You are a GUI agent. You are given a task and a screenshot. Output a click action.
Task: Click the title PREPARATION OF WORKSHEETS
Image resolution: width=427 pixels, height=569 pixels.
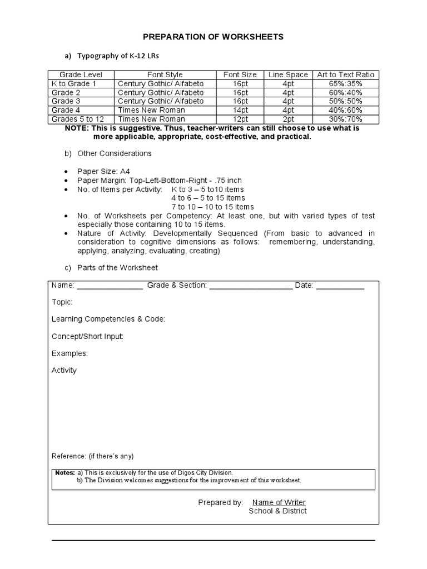click(x=213, y=37)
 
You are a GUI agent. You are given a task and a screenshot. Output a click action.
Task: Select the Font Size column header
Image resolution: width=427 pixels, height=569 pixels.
click(x=240, y=74)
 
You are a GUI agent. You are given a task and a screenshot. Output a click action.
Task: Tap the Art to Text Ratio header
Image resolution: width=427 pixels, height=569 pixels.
click(x=345, y=74)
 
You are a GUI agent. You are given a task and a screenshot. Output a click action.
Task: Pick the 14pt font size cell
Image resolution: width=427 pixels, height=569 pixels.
click(x=240, y=110)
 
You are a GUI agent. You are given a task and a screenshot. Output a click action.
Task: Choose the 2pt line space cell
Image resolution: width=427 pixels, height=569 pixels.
click(x=287, y=119)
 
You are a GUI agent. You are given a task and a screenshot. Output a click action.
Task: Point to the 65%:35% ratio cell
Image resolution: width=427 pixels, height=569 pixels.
click(x=345, y=83)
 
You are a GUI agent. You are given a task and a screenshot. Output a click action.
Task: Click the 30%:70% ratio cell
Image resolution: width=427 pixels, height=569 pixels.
click(x=345, y=119)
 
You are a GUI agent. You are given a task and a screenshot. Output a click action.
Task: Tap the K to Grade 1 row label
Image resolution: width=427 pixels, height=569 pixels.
click(x=74, y=83)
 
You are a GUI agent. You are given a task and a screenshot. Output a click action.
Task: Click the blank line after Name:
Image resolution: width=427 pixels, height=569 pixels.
click(x=110, y=287)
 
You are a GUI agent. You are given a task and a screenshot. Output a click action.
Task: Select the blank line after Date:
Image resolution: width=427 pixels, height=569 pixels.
click(x=340, y=287)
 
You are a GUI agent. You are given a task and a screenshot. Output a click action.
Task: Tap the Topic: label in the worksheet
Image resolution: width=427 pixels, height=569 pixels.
click(x=62, y=302)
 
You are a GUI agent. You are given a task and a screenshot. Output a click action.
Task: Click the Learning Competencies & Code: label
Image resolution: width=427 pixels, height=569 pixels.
click(x=108, y=319)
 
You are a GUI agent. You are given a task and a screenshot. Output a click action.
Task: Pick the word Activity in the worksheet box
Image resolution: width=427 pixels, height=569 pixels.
click(x=64, y=370)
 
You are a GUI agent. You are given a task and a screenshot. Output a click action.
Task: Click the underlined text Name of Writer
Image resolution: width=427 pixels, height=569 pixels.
click(x=279, y=502)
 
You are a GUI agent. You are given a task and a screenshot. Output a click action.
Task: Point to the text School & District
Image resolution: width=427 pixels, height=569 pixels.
click(x=277, y=511)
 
